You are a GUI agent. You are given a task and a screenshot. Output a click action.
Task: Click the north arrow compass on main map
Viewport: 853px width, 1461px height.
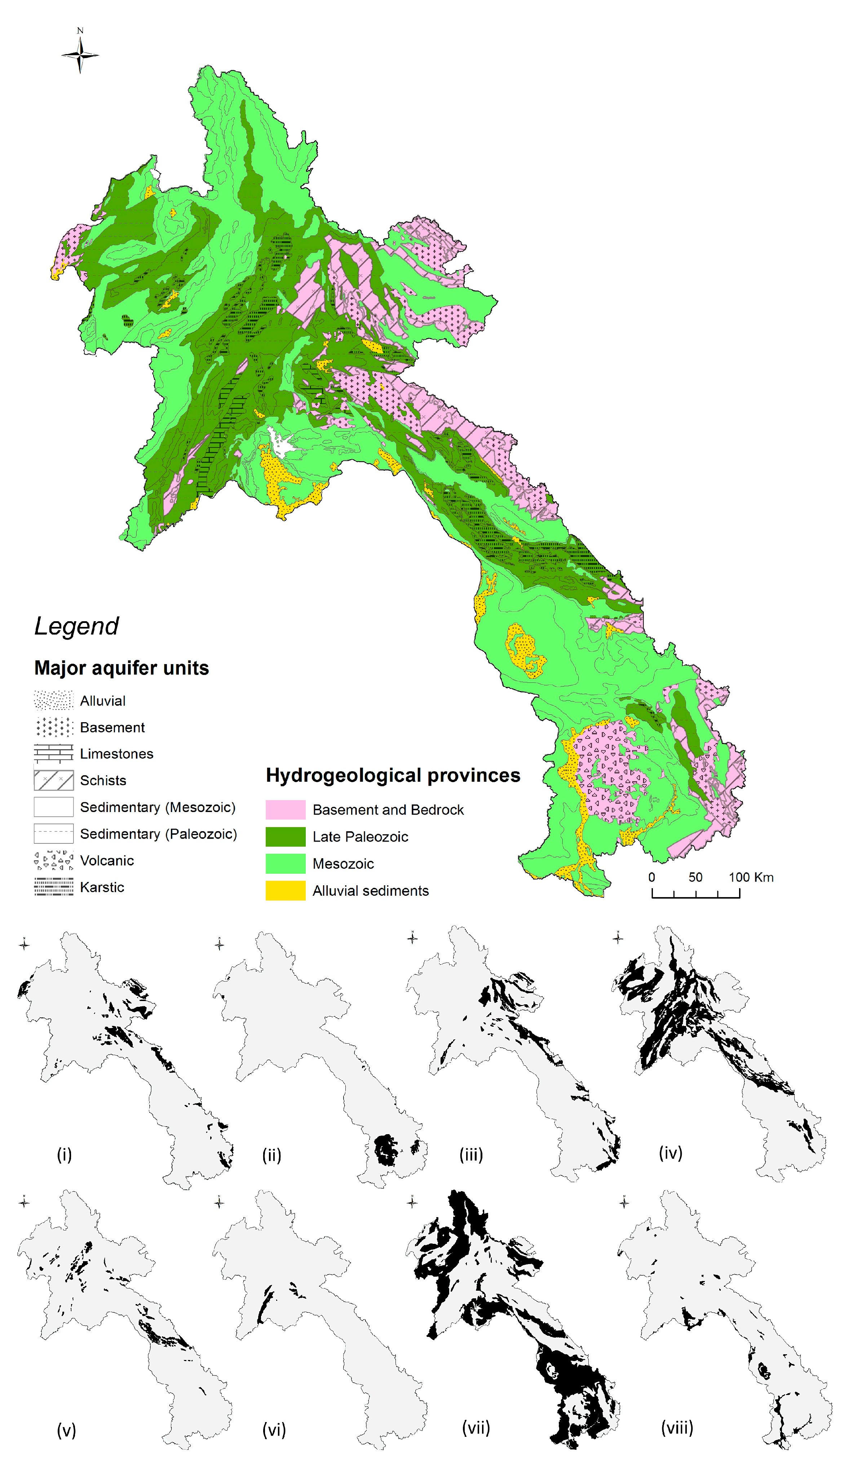coord(80,54)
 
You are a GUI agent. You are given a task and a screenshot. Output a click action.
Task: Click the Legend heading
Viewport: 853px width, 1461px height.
coord(76,626)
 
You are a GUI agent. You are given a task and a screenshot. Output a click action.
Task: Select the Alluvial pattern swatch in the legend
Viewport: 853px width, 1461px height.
coord(53,700)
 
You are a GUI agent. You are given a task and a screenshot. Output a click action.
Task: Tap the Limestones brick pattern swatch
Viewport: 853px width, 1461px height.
coord(53,754)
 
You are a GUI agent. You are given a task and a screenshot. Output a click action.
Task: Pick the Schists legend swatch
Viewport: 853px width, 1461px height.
coord(53,780)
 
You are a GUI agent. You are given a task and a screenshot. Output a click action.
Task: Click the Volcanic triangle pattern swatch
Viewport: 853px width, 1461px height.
coord(53,860)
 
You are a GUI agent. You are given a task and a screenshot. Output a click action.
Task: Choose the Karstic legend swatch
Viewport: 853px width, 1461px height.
coord(53,887)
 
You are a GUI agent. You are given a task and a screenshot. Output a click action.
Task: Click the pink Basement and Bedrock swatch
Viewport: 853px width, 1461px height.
coord(285,810)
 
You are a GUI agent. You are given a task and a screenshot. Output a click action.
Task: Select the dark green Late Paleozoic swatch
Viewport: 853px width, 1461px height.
coord(285,837)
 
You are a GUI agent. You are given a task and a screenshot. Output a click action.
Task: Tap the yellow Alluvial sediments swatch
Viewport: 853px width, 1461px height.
coord(285,891)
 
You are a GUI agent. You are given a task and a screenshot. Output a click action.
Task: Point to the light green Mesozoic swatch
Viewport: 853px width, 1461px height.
coord(285,863)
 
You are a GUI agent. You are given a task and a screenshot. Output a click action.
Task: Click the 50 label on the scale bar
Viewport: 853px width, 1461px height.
coord(695,877)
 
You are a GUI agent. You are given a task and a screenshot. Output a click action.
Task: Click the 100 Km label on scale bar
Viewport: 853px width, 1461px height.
coord(751,877)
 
